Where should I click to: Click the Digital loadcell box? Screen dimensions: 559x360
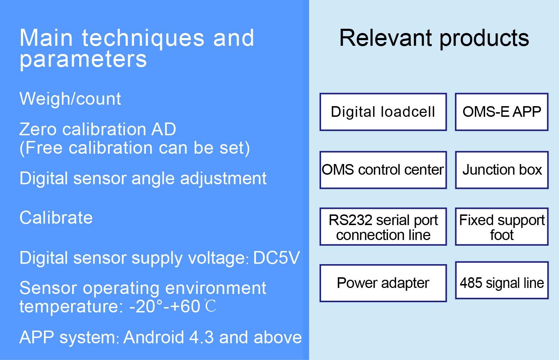tap(383, 112)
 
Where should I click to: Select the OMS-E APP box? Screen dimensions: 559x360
tap(501, 112)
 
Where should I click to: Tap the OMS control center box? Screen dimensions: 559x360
tap(383, 170)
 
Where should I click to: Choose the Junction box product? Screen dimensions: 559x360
tap(501, 170)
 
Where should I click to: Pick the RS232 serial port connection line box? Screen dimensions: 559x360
tap(383, 227)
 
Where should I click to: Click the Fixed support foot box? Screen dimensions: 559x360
tap(501, 227)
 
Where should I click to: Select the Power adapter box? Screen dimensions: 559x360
tap(383, 283)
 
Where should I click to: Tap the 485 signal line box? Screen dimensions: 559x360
tap(501, 280)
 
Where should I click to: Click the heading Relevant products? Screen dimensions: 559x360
tap(434, 39)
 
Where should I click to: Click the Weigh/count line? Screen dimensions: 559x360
tap(70, 99)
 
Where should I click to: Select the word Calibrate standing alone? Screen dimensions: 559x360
tap(56, 218)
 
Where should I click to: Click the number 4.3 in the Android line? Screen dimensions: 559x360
tap(201, 337)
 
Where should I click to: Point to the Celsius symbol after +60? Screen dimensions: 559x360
tap(210, 306)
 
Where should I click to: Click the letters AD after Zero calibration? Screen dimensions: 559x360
tap(163, 129)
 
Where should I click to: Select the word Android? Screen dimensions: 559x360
tap(154, 337)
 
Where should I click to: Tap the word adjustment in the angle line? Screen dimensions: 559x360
tap(223, 179)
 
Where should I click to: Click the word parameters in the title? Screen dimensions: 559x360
tap(83, 60)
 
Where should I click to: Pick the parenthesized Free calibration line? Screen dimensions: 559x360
tap(135, 148)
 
